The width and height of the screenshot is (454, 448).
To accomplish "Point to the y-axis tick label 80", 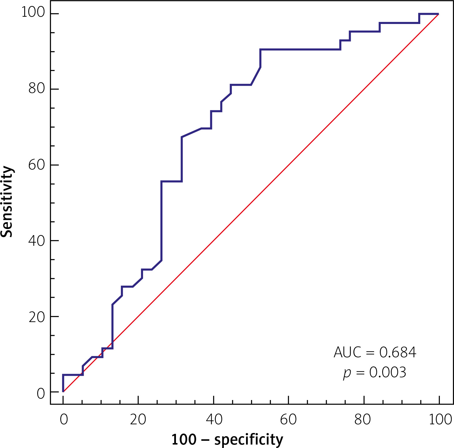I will [x=37, y=88].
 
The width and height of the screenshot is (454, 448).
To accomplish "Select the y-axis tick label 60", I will [x=37, y=164].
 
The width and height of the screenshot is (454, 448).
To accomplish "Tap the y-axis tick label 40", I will [x=37, y=240].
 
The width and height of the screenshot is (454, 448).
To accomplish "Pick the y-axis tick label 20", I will [x=37, y=317].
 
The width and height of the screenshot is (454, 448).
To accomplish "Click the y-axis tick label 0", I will [x=41, y=393].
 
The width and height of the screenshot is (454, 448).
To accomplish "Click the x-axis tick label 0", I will [x=63, y=419].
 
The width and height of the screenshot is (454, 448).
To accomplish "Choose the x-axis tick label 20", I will [x=138, y=419].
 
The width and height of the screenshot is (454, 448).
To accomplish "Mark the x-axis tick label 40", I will [x=214, y=419].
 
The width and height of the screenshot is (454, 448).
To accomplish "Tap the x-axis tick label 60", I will [x=288, y=419].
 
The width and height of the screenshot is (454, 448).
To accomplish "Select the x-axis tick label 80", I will [x=363, y=419].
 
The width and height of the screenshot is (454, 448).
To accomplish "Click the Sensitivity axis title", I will [x=7, y=201].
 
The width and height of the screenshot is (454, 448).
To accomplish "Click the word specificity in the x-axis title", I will [x=249, y=440].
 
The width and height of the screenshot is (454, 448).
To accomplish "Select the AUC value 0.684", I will [x=398, y=352].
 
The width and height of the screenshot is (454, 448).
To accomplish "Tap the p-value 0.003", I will [x=388, y=372].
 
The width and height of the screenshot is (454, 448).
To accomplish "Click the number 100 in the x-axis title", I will [x=184, y=440].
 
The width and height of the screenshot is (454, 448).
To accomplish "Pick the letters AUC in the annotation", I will [x=347, y=352].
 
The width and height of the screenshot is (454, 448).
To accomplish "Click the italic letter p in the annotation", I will [x=347, y=373].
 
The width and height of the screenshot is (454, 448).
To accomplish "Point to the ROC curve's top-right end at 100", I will [x=438, y=14].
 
